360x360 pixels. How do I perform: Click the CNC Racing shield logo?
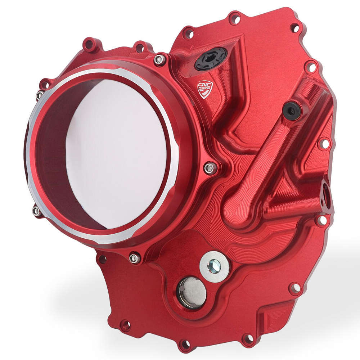(204, 89)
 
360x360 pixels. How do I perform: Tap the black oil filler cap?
(211, 59)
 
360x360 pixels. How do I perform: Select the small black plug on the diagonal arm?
(291, 111)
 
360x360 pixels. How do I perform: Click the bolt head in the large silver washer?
(215, 266)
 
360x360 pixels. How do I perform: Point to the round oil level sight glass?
(192, 292)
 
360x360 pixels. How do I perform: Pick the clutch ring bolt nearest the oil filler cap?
(159, 60)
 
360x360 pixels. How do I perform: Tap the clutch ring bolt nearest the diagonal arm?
(210, 167)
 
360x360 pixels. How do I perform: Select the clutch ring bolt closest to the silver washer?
(134, 258)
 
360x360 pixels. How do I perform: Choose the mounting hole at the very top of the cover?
(234, 17)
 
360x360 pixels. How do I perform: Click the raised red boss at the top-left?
(90, 45)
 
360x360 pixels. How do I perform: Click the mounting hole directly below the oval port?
(321, 220)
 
